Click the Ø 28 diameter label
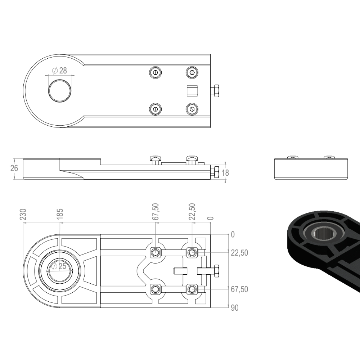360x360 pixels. tap(59, 71)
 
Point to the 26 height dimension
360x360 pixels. tap(14, 168)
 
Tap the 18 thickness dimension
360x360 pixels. tap(225, 173)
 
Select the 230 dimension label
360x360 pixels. tap(23, 214)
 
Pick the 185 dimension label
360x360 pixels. tap(60, 214)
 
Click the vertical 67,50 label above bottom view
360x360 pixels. tap(156, 212)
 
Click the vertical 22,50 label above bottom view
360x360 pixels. tap(192, 212)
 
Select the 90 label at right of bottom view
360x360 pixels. tap(235, 308)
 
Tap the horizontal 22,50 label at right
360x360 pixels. tap(239, 253)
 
